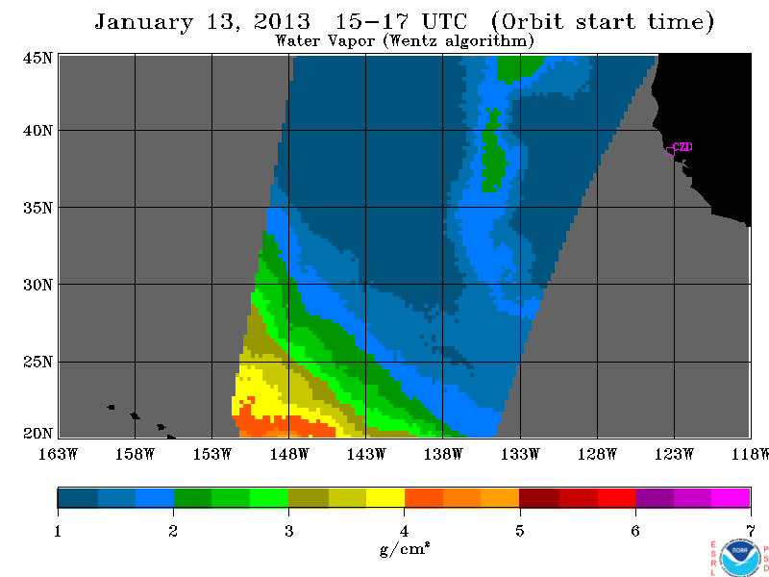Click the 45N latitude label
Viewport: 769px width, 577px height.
[37, 58]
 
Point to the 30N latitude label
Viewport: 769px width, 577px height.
[37, 285]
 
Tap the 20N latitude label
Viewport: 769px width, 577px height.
[37, 434]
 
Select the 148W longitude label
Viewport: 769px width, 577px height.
[289, 454]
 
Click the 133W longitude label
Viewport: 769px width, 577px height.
[520, 454]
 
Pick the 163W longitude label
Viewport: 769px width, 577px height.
[58, 454]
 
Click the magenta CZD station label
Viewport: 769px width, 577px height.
[682, 147]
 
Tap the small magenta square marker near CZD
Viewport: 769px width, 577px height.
[670, 152]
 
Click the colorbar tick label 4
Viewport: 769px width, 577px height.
[404, 531]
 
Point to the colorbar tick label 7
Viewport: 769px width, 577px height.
[751, 531]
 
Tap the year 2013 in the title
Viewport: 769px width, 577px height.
[282, 21]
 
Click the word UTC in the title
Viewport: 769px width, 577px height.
[444, 21]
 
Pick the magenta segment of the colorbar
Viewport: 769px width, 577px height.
[731, 497]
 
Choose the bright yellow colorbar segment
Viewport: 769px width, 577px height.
[385, 497]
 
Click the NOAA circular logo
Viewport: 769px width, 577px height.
[740, 558]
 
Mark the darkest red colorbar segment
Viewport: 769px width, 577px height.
[539, 497]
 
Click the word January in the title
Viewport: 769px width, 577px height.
[143, 22]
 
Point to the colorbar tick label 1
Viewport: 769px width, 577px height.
[58, 531]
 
